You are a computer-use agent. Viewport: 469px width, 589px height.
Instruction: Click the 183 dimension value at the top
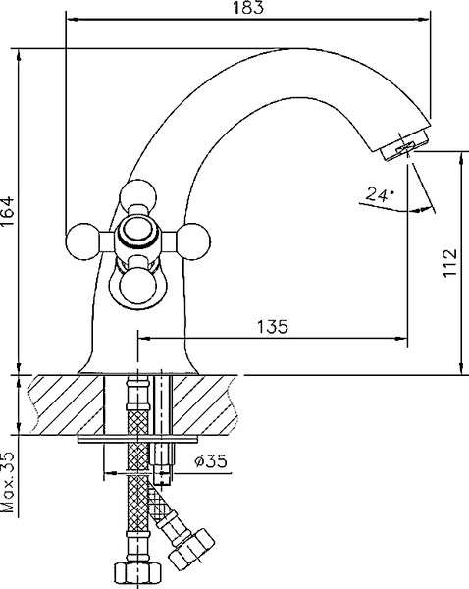(x=249, y=9)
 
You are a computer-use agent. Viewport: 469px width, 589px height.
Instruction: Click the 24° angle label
(x=377, y=195)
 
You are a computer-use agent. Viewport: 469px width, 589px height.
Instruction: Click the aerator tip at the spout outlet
(x=401, y=144)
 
